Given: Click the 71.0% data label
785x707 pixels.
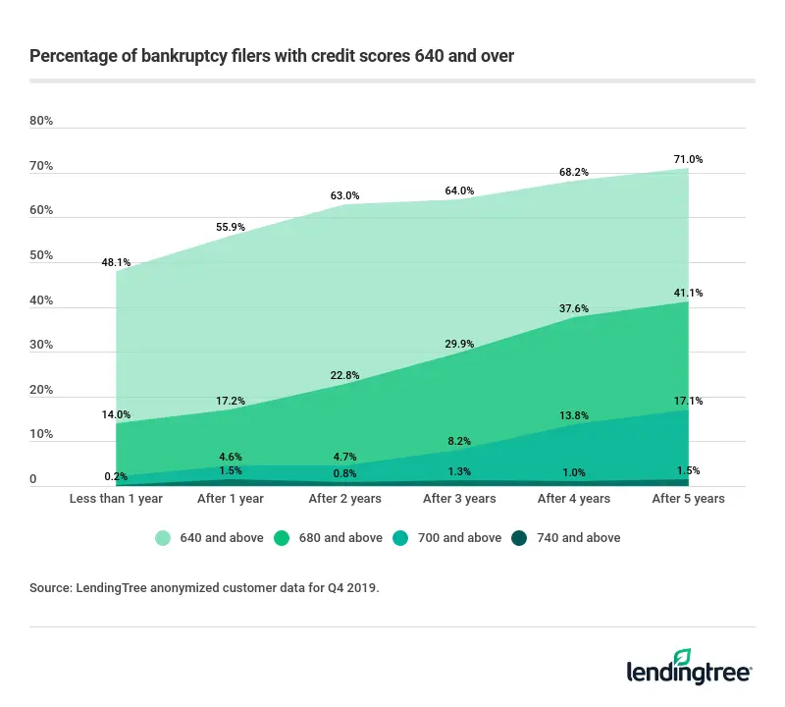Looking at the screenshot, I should pyautogui.click(x=688, y=159).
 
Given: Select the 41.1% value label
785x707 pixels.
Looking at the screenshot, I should pyautogui.click(x=688, y=293).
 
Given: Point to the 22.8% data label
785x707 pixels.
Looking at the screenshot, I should pyautogui.click(x=344, y=373).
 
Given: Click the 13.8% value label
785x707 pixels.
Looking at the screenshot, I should pyautogui.click(x=574, y=416).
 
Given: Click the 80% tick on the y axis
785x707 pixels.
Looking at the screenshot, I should pyautogui.click(x=41, y=122).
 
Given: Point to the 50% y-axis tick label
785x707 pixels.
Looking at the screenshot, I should pyautogui.click(x=41, y=256).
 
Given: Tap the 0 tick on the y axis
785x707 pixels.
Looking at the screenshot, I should pyautogui.click(x=32, y=480).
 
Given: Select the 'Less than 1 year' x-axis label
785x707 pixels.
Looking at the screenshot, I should pyautogui.click(x=116, y=499).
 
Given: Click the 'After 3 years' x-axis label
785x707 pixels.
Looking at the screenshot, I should pyautogui.click(x=459, y=499).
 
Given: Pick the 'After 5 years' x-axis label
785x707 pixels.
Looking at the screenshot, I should pyautogui.click(x=688, y=499).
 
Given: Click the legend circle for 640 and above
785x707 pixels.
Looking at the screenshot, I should pyautogui.click(x=162, y=537).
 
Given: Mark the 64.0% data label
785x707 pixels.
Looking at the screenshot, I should pyautogui.click(x=459, y=190).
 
